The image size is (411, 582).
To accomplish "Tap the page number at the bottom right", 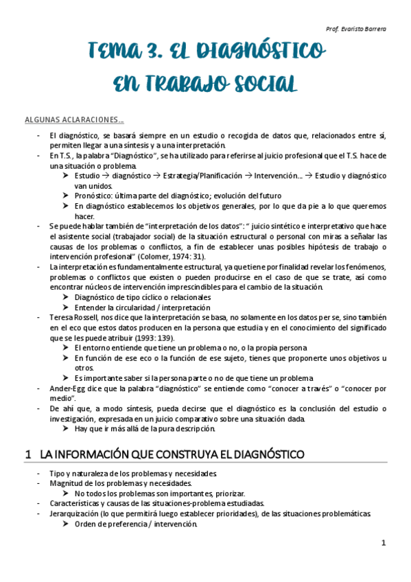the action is click(x=384, y=543).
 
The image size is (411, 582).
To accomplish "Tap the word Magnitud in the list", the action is click(x=66, y=483).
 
